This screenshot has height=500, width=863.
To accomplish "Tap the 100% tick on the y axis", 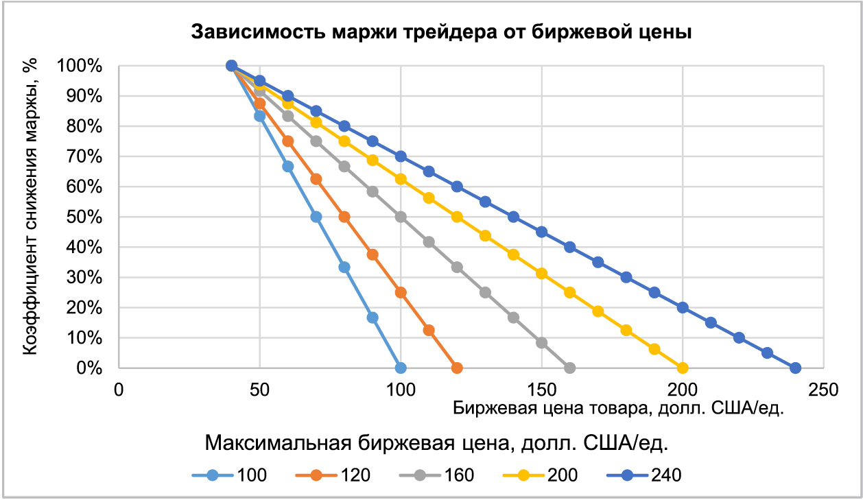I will [x=90, y=67].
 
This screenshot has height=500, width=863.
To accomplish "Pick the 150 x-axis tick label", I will [x=542, y=390].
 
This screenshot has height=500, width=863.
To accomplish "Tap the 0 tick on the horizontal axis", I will [x=119, y=390].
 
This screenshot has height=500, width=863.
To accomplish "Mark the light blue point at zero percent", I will [x=401, y=368].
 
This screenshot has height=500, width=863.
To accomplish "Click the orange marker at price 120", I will [x=457, y=368].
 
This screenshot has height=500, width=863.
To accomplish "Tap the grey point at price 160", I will [x=569, y=368].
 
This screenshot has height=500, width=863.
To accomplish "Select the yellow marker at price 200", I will [x=683, y=368].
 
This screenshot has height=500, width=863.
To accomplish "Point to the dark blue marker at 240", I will [x=795, y=368].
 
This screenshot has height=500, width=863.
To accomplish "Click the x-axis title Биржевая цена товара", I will [x=618, y=409].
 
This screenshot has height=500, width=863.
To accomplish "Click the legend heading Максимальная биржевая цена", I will [x=436, y=444].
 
